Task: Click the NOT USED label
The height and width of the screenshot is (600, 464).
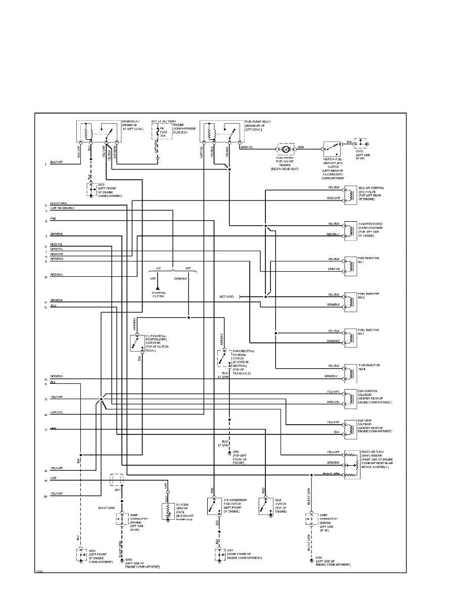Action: click(226, 297)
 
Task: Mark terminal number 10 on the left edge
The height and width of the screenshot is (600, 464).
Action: click(45, 277)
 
